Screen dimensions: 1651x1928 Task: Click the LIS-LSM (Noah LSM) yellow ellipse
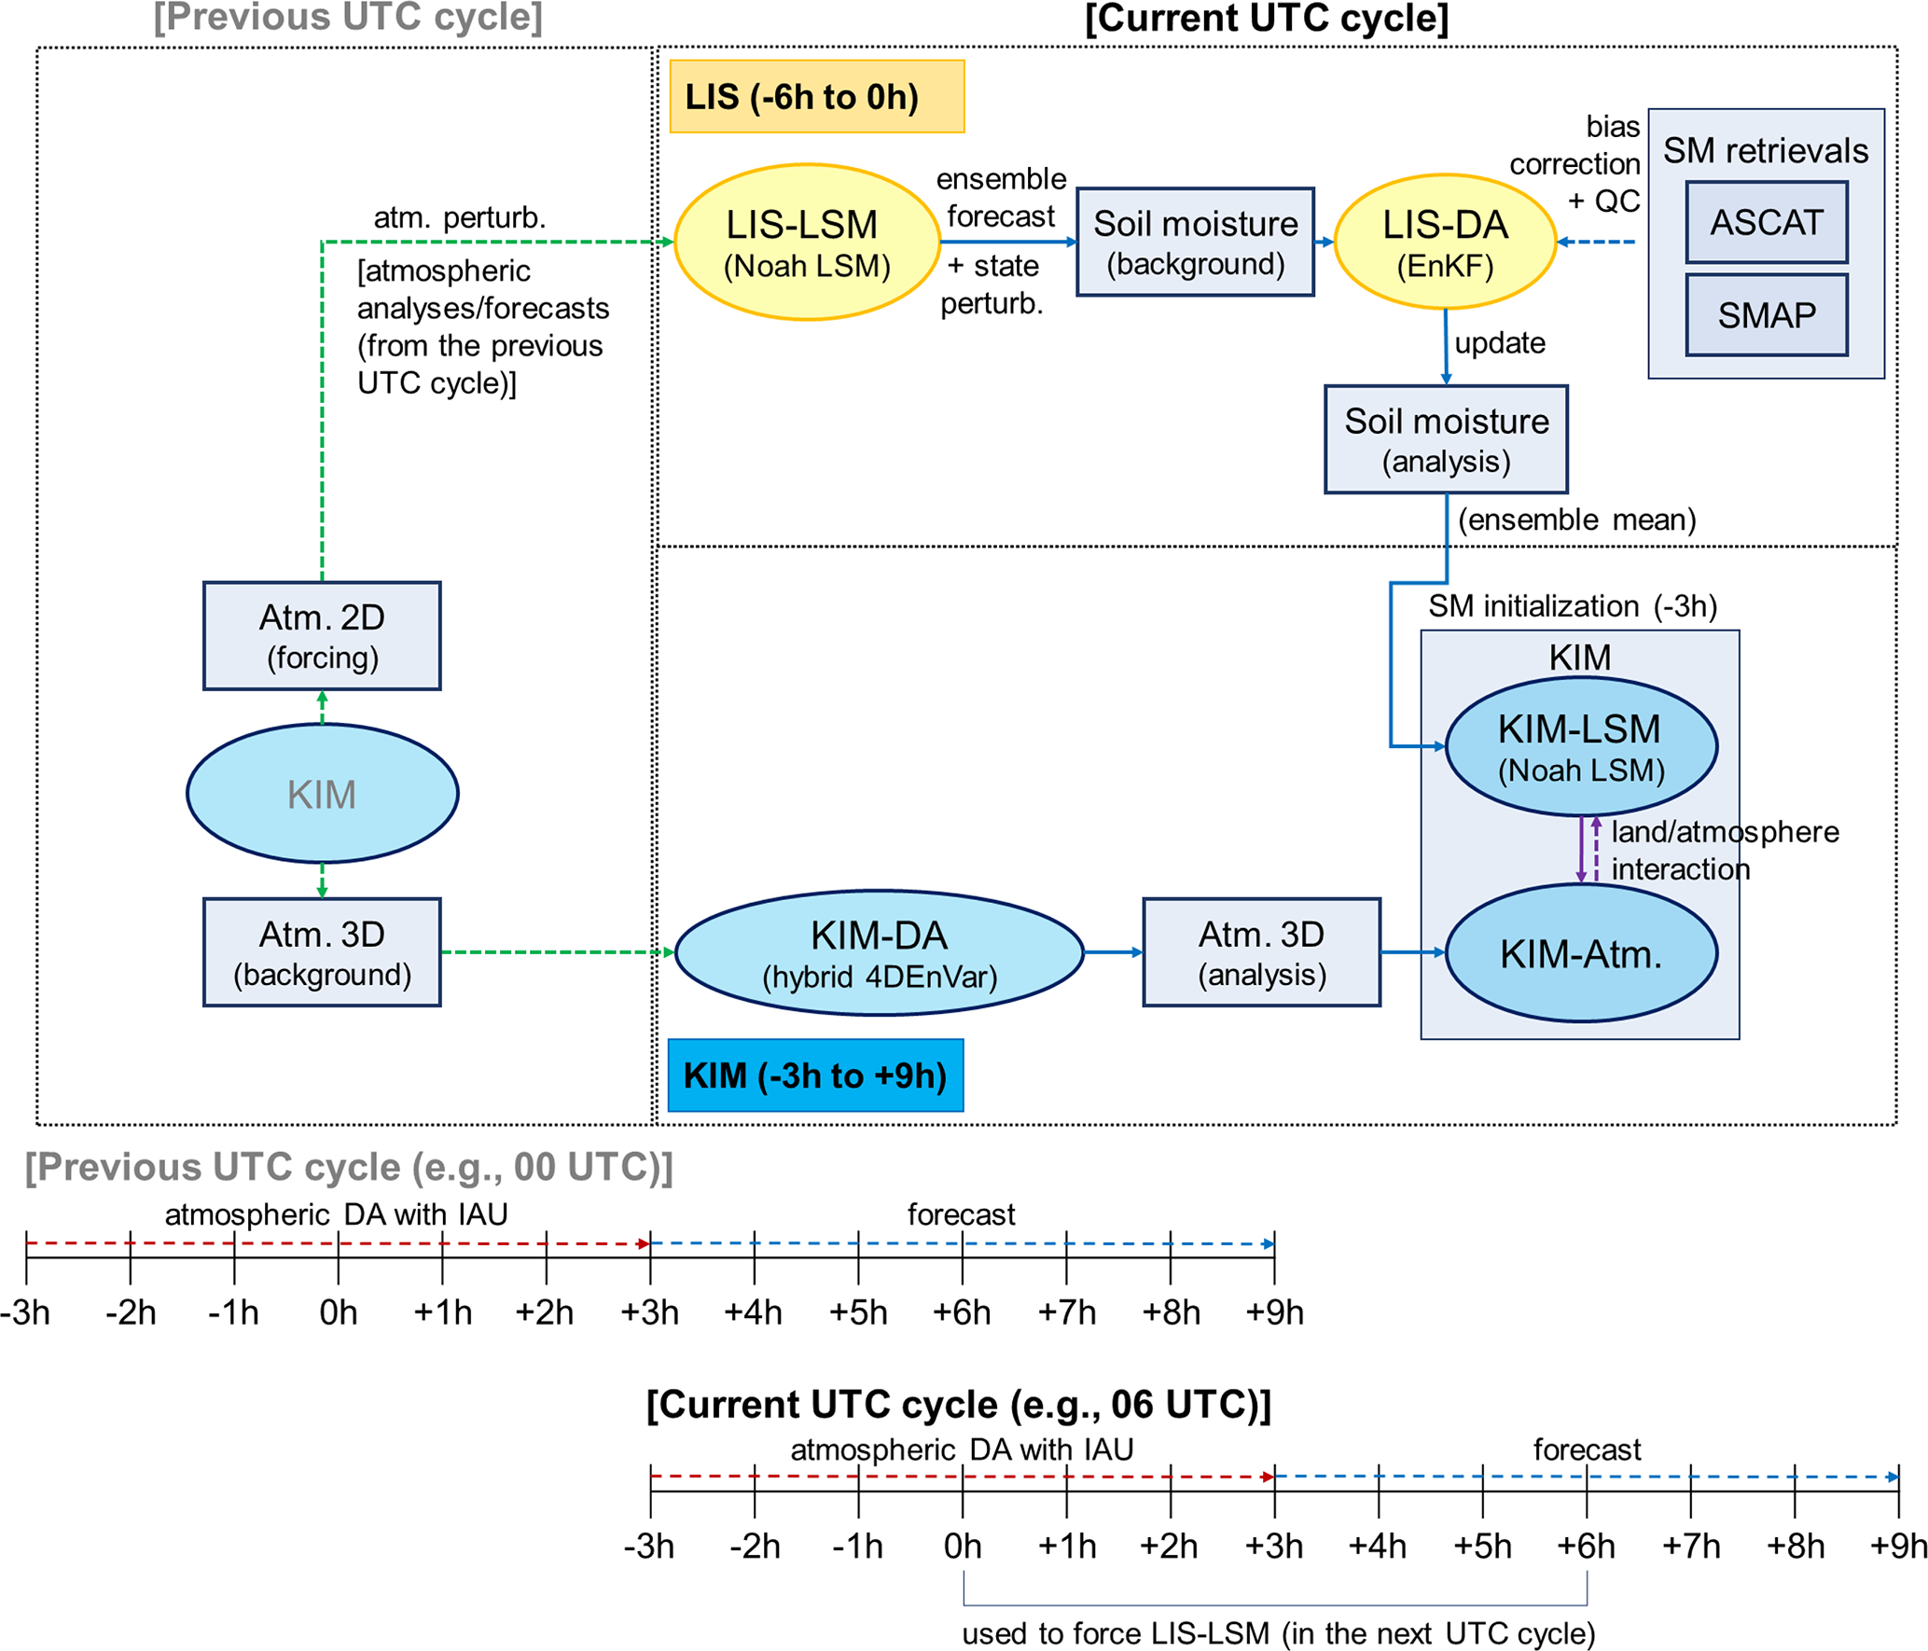tap(806, 243)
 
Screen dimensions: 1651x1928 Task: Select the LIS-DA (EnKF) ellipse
tap(1444, 242)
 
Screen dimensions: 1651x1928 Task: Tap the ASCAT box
tap(1766, 222)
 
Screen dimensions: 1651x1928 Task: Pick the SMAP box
tap(1766, 315)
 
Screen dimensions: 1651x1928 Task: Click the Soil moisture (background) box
tap(1195, 243)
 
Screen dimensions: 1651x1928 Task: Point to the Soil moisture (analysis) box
tap(1445, 439)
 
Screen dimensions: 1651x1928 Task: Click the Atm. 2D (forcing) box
tap(322, 636)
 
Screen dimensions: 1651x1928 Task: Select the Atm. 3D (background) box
tap(322, 952)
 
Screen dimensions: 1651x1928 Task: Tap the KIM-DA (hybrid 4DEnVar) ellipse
tap(879, 952)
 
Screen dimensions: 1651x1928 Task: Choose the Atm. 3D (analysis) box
tap(1261, 952)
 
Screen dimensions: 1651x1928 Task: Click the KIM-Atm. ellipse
tap(1580, 952)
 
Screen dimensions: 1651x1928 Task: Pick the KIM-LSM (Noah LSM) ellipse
tap(1580, 747)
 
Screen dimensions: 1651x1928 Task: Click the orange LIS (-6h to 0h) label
tap(816, 97)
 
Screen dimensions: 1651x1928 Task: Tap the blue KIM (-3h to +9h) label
tap(815, 1075)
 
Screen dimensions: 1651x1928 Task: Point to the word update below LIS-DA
tap(1499, 343)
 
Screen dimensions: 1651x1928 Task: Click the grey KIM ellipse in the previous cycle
tap(322, 794)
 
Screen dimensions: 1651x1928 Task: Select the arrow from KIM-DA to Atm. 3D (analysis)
tap(1113, 952)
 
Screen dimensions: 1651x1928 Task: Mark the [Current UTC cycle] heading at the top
tap(1266, 19)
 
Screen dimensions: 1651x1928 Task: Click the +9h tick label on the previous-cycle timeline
tap(1274, 1312)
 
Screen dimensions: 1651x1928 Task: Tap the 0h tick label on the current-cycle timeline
tap(962, 1546)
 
